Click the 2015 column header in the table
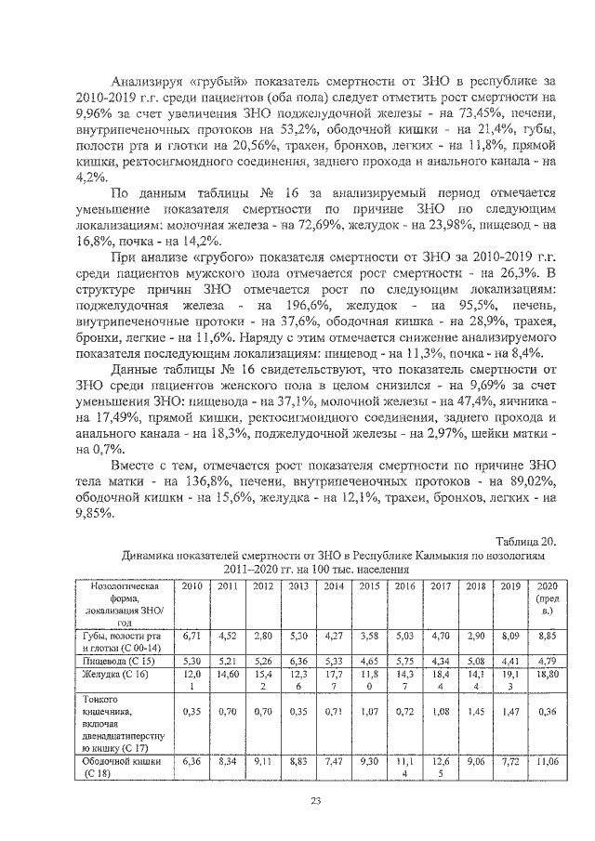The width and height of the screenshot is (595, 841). pyautogui.click(x=370, y=586)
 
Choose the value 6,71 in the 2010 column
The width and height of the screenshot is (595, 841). pyautogui.click(x=192, y=637)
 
